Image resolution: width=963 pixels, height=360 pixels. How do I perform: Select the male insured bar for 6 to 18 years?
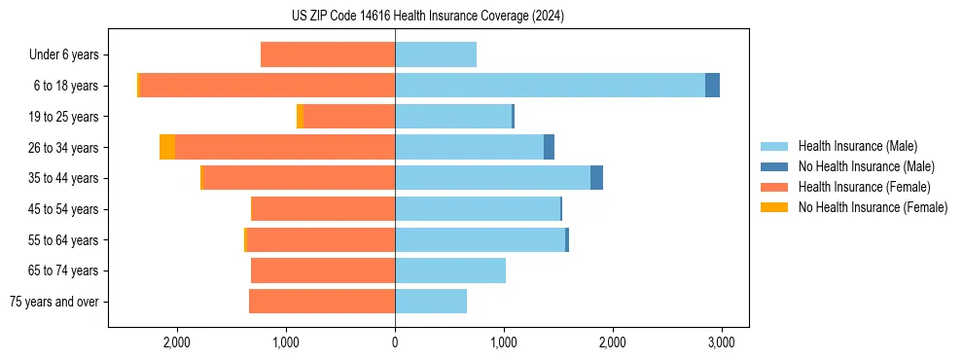tap(550, 85)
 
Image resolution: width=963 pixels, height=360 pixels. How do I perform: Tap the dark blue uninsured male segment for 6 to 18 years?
tap(712, 85)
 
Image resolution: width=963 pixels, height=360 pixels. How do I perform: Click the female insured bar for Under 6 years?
tap(328, 54)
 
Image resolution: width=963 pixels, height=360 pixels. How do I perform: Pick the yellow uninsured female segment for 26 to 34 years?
tap(167, 147)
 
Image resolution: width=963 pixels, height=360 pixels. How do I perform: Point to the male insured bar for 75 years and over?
tap(431, 302)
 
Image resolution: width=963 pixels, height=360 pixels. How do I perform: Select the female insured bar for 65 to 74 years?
tap(323, 270)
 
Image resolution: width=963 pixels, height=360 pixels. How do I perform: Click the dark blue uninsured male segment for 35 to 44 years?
tap(596, 178)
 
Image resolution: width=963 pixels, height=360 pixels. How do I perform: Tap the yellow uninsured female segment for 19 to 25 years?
tap(300, 116)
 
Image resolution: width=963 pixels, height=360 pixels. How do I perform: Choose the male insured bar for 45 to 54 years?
tap(478, 209)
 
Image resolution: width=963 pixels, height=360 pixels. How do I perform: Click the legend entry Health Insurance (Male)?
tap(857, 146)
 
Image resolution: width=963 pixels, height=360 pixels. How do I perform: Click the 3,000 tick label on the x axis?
tap(721, 342)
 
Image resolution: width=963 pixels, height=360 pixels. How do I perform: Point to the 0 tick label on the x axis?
tap(395, 342)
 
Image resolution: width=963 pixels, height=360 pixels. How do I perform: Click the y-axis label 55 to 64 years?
tap(63, 240)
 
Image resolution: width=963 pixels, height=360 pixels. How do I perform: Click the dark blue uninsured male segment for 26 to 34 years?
tap(549, 147)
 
